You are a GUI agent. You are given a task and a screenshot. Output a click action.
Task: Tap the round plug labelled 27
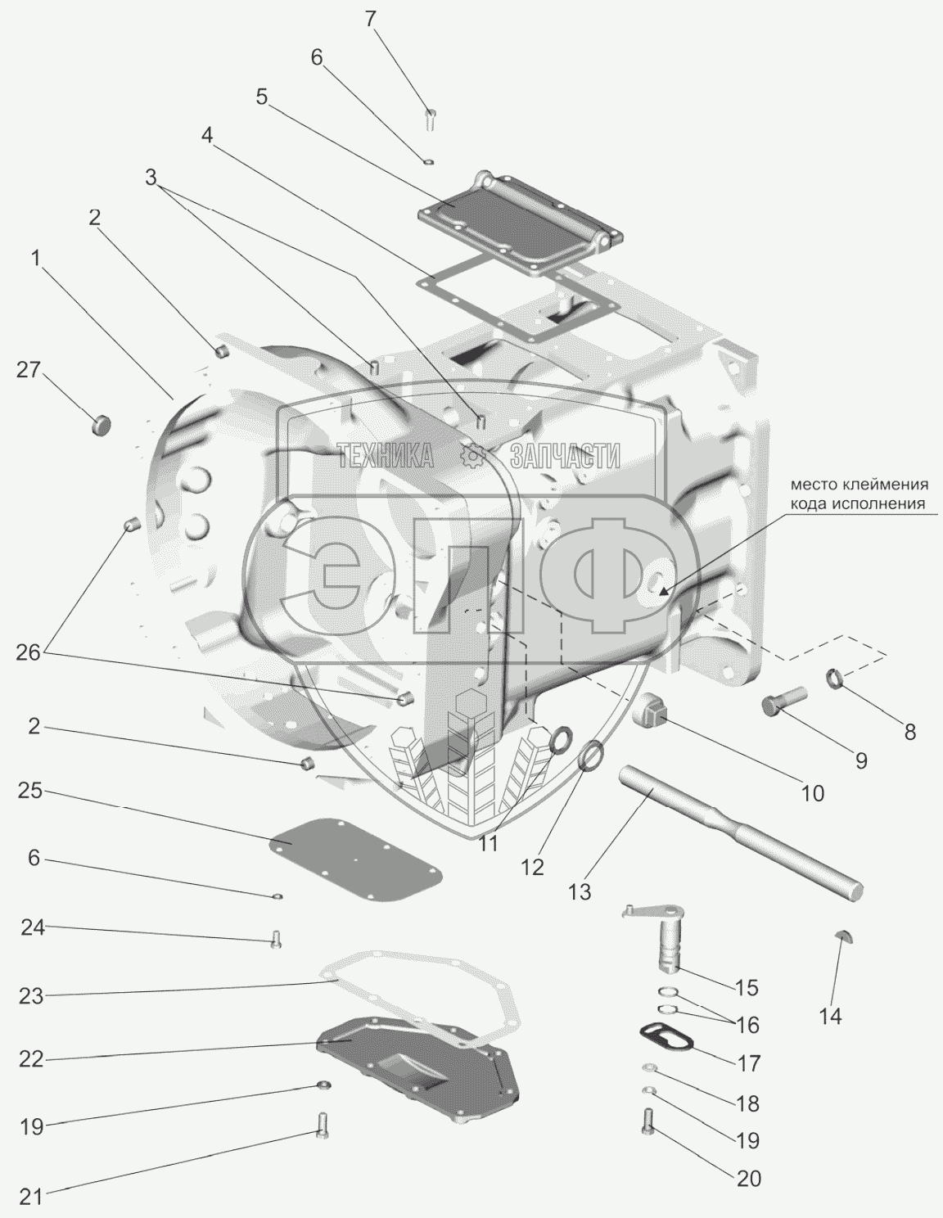pos(102,426)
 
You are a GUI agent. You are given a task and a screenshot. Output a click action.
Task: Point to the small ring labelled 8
pos(835,678)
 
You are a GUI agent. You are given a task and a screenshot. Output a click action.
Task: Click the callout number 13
pos(579,891)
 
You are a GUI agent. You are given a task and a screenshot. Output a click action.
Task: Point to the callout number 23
pos(32,996)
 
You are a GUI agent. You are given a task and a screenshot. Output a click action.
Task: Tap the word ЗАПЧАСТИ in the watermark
pos(564,455)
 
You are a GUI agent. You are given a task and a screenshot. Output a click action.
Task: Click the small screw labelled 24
pos(275,940)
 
